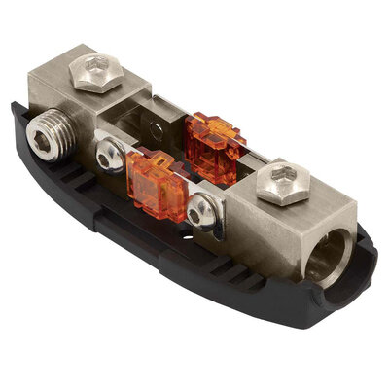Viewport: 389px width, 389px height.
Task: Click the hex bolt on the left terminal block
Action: point(98,69)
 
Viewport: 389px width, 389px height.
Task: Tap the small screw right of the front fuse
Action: point(202,208)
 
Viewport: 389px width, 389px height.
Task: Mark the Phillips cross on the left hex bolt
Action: point(98,67)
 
